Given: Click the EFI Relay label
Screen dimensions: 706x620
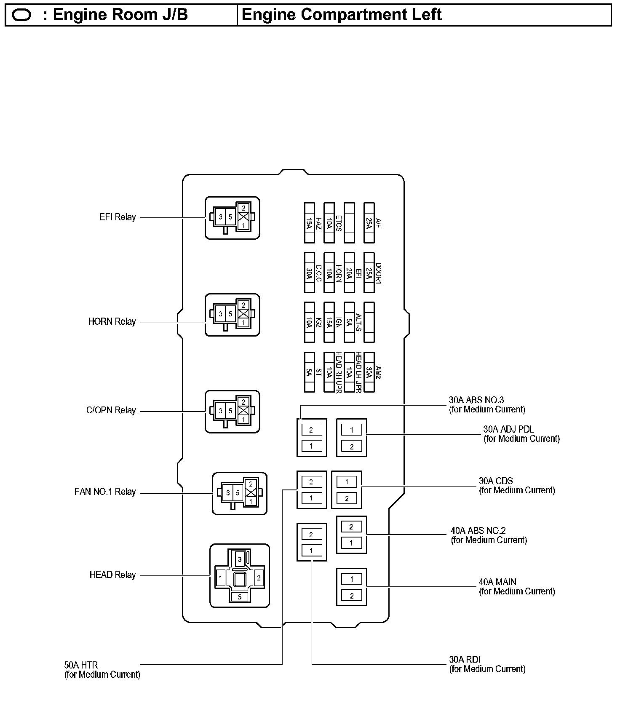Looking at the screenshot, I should coord(118,217).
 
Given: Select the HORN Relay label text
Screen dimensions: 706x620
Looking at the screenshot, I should coord(112,322).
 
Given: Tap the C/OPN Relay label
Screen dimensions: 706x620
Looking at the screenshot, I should coord(111,410).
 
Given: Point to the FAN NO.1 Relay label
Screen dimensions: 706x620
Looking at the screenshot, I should coord(105,492).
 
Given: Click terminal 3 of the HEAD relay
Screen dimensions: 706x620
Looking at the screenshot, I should coord(240,559).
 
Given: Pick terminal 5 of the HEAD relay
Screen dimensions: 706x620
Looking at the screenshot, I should coord(240,596).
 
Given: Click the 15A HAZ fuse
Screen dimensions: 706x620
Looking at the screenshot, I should coord(310,223).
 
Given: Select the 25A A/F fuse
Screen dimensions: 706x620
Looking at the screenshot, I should coord(369,223).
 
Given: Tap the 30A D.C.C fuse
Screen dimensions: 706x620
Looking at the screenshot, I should coord(310,273).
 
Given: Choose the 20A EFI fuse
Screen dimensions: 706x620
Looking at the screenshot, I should coord(349,273).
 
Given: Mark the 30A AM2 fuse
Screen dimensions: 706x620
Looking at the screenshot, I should coord(369,372).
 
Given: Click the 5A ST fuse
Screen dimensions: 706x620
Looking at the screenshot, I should coord(310,372).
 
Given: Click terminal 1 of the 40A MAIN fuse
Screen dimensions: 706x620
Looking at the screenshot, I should coord(352,579).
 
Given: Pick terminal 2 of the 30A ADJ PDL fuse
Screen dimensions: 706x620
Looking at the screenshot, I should coord(352,447).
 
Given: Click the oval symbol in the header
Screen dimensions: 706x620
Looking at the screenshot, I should coord(21,15).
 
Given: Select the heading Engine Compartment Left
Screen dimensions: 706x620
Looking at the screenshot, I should coord(342,15).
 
